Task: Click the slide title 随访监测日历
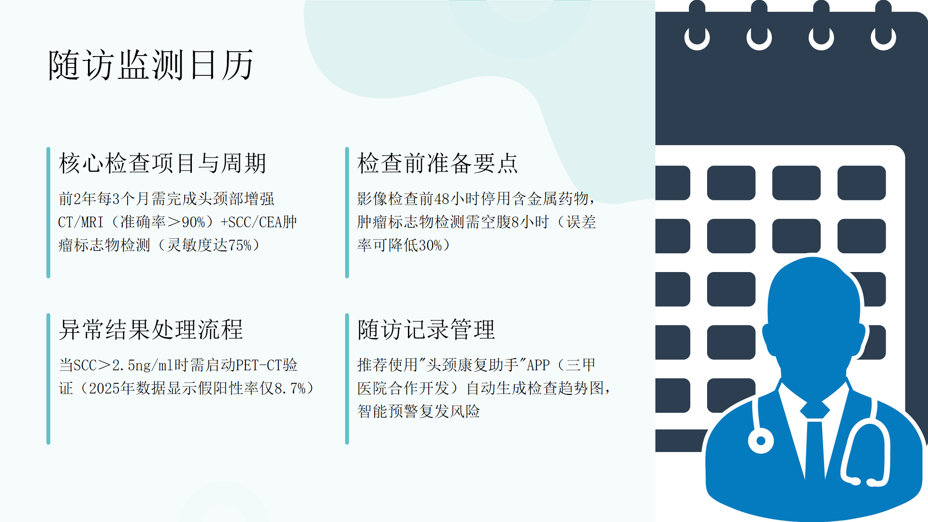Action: pyautogui.click(x=151, y=65)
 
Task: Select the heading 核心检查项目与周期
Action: pyautogui.click(x=162, y=163)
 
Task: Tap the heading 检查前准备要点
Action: pyautogui.click(x=437, y=163)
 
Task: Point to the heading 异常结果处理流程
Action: pyautogui.click(x=151, y=330)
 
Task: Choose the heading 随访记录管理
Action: pyautogui.click(x=426, y=330)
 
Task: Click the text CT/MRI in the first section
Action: pyautogui.click(x=81, y=222)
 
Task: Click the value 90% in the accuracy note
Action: pyautogui.click(x=193, y=222)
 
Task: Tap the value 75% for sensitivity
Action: pyautogui.click(x=240, y=246)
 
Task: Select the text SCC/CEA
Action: pyautogui.click(x=255, y=222)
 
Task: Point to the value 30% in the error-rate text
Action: pyautogui.click(x=430, y=246)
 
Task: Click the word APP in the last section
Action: pyautogui.click(x=538, y=365)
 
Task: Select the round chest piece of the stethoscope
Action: pyautogui.click(x=761, y=441)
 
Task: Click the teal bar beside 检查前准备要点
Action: pyautogui.click(x=347, y=213)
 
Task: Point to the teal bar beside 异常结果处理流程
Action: pyautogui.click(x=48, y=379)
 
